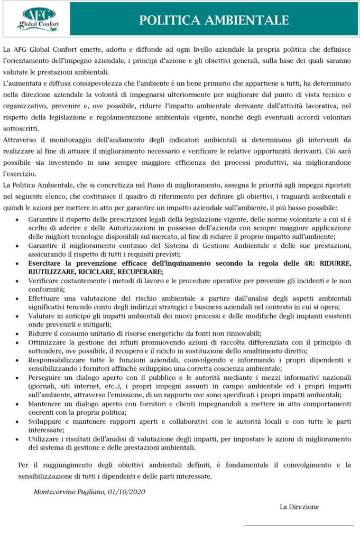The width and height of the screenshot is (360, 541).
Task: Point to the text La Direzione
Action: [x=299, y=507]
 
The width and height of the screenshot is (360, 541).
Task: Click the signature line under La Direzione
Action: [x=299, y=525]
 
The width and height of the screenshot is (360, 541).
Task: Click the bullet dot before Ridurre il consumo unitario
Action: [x=18, y=334]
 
